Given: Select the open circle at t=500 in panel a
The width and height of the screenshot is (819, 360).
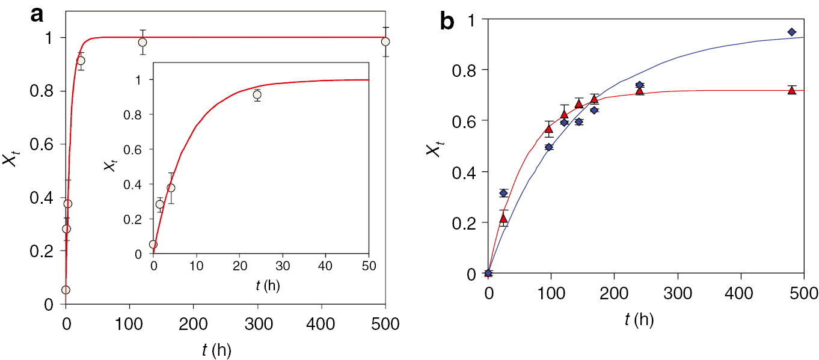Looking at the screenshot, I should pos(385,41).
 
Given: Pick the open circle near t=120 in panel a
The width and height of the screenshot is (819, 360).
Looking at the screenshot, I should pos(143,42).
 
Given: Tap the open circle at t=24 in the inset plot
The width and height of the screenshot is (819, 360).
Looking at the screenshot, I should pos(257,94).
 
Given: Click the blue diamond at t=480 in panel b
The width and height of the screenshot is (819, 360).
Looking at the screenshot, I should pos(792,32).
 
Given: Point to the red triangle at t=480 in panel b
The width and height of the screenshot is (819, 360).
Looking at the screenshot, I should pos(792,90).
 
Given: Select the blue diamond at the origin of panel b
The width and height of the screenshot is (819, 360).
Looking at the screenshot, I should pos(488,273).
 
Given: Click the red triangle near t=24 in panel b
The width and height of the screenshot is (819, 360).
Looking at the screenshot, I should pos(503,219).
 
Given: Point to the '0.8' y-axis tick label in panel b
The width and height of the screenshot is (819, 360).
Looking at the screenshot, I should pos(467,70).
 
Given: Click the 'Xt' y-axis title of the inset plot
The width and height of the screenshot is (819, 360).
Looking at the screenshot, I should pos(111,163).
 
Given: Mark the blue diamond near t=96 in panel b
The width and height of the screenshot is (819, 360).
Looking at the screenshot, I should pos(549,147).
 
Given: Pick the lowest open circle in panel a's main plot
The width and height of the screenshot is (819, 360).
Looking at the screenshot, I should pos(66,290).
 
